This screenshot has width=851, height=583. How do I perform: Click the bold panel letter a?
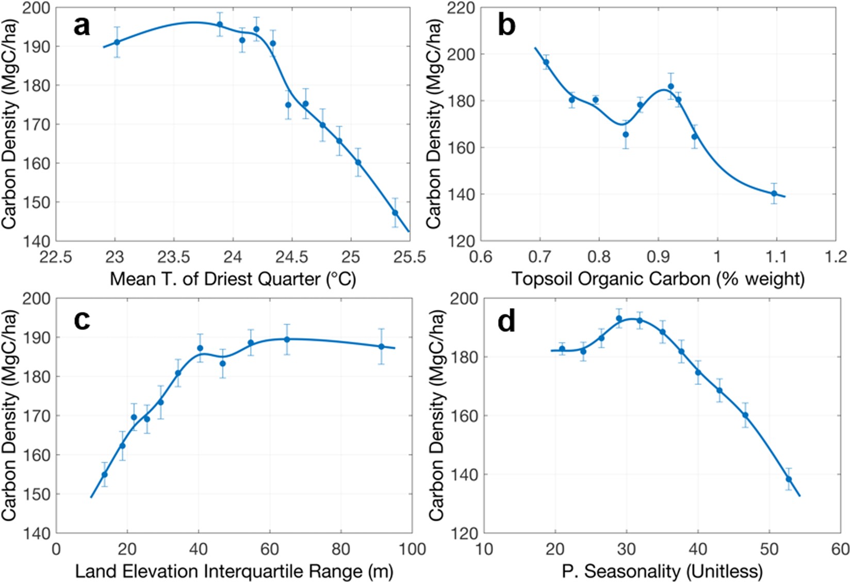tap(81, 26)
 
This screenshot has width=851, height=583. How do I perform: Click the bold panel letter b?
tap(506, 26)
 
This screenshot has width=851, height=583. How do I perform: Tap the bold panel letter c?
tap(81, 320)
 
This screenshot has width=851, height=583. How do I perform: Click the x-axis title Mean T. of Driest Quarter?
tap(233, 279)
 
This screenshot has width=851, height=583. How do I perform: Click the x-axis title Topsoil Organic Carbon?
tap(658, 279)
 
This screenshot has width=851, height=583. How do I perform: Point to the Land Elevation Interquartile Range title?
tap(234, 571)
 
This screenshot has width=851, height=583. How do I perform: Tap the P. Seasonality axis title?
tap(662, 571)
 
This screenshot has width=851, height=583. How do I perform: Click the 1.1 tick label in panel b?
tap(776, 256)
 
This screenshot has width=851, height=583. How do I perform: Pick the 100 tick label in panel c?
tap(411, 549)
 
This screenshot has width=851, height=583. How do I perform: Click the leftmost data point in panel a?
tap(117, 42)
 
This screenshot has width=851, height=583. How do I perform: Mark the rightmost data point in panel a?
tap(395, 213)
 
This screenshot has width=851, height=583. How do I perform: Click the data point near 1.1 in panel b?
tap(774, 193)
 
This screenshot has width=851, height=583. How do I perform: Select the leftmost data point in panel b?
tap(546, 62)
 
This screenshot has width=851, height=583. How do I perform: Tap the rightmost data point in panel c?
tap(382, 347)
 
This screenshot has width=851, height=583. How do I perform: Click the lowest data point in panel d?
tap(789, 479)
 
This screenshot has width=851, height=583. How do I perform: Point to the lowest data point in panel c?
tap(104, 475)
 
